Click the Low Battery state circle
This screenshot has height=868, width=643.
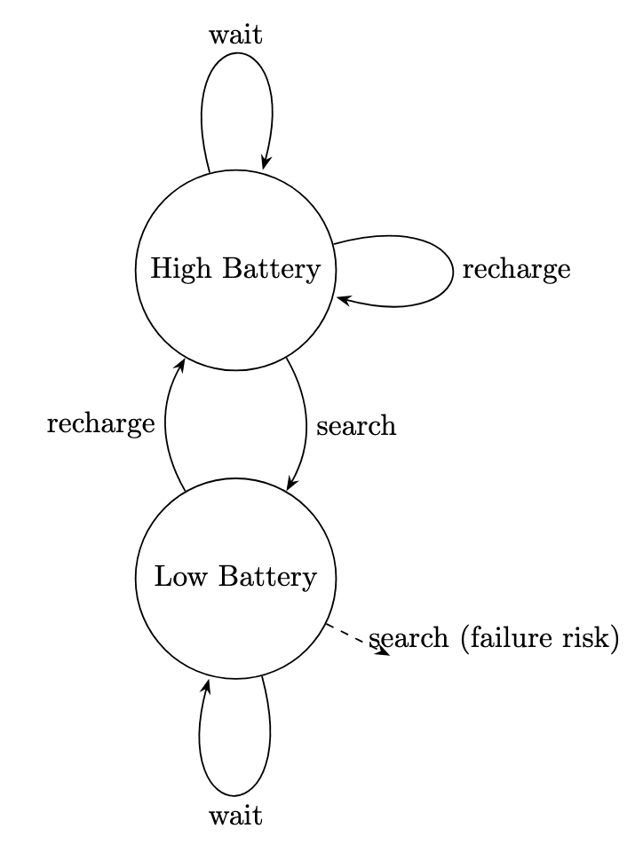point(235,621)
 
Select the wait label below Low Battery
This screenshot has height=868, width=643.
point(235,816)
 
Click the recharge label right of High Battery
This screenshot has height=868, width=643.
point(516,270)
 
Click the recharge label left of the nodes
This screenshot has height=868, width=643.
point(100,424)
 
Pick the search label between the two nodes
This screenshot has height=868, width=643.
point(355,426)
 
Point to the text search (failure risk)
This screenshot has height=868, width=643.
point(494,638)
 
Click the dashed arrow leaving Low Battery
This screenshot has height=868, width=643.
point(355,638)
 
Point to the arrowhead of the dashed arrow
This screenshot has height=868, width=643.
point(384,651)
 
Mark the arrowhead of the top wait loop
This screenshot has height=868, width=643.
point(265,162)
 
